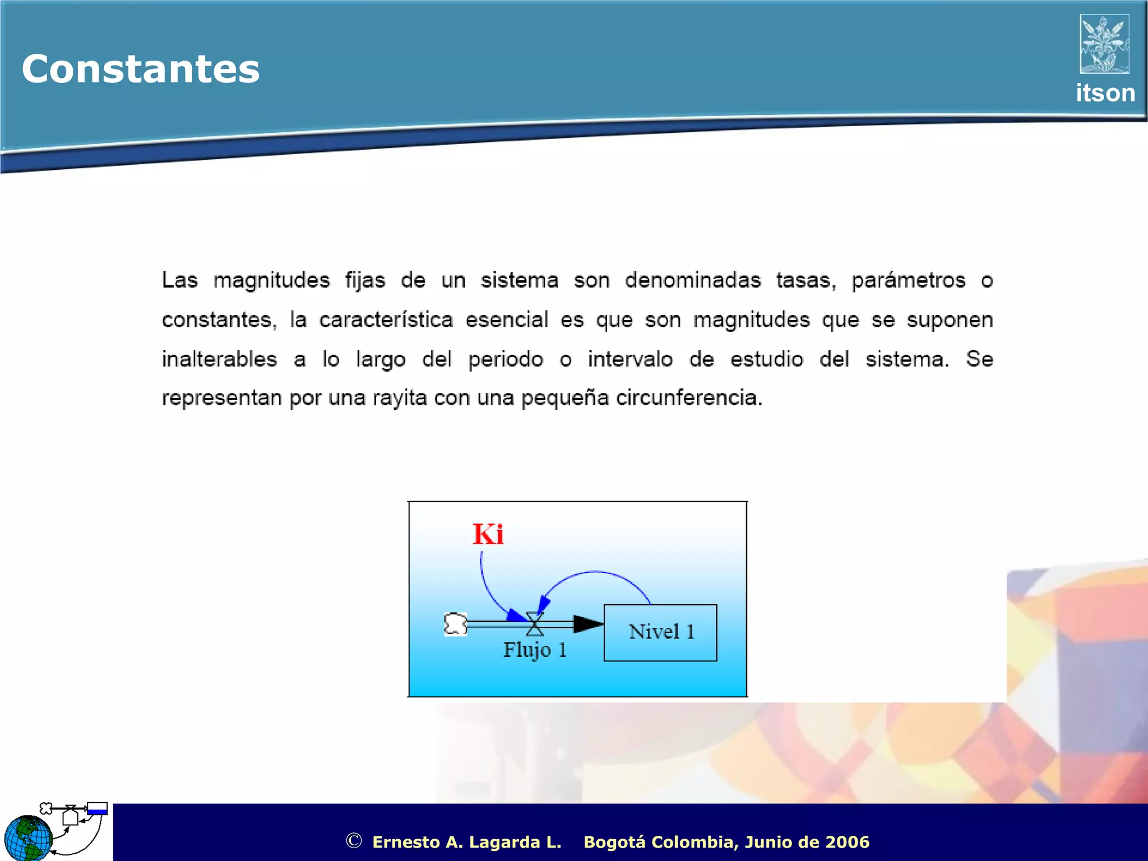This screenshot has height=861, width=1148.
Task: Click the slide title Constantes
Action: [141, 69]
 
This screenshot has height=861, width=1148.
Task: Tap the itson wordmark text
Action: [1105, 93]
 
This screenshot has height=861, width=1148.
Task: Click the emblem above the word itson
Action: [1104, 44]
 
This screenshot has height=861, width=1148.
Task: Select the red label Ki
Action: [488, 534]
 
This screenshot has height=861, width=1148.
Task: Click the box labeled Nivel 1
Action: [660, 632]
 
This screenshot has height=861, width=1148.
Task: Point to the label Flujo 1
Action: [534, 650]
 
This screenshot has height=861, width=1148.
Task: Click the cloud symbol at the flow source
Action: [455, 624]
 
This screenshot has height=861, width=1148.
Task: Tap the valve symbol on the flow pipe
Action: [535, 623]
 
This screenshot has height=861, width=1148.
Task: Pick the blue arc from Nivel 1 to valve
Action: [595, 573]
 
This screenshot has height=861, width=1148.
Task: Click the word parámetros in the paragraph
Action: [908, 280]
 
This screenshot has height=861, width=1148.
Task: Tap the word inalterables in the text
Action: [219, 359]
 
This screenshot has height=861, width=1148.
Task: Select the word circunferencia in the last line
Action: [688, 398]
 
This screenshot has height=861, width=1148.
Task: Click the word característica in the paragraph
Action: [386, 320]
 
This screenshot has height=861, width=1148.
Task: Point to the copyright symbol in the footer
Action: [354, 840]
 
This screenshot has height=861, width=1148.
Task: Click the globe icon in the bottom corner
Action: [27, 838]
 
